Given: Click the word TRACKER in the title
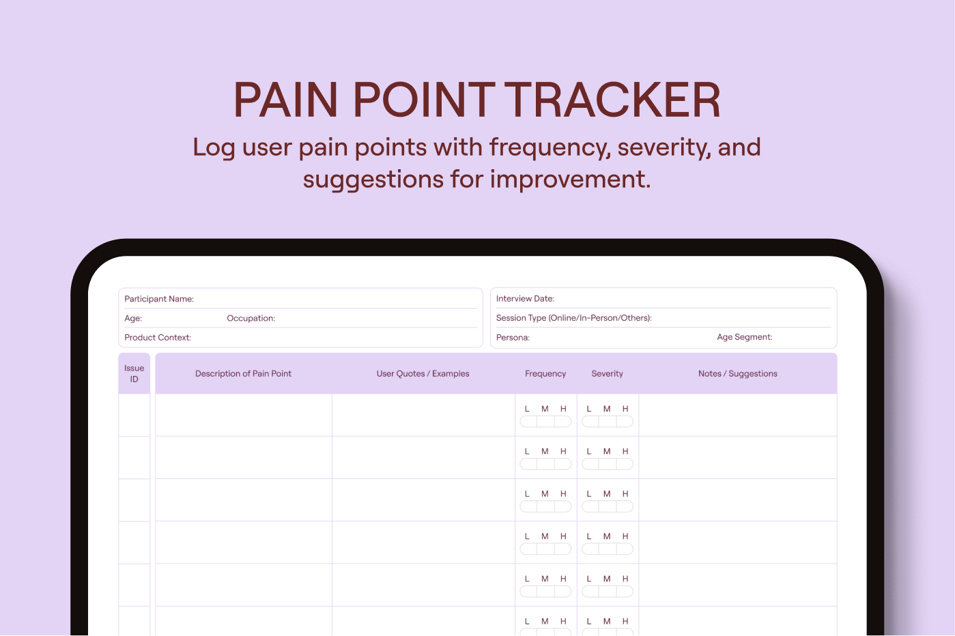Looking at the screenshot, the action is pos(614,100).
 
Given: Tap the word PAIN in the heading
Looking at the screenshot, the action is pos(285,100).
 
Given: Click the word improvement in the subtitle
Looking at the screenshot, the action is pos(570,179).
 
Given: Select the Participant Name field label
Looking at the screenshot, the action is pos(159,299).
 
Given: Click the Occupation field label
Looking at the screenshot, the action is pos(251,318).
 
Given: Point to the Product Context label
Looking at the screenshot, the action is pos(157,337).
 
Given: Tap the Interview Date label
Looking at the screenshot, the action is pos(525,298).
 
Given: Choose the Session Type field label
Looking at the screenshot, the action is pos(574,317).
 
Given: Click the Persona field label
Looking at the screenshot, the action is pos(513,337).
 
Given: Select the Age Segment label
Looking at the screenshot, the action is pos(744,336).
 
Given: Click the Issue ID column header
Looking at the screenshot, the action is pos(134,373).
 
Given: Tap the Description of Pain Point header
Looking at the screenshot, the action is pos(243,373).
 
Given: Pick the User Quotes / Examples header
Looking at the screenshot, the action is pos(423,373).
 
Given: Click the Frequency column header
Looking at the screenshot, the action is pos(545,373).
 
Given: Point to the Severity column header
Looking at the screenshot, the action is pos(607,373).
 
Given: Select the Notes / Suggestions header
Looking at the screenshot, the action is pos(737,373).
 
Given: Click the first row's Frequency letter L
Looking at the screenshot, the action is pos(527,409).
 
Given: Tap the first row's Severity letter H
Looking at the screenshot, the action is pos(625,409).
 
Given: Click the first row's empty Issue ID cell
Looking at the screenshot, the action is pos(134,415).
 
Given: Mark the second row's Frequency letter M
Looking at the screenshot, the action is pos(545,451).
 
